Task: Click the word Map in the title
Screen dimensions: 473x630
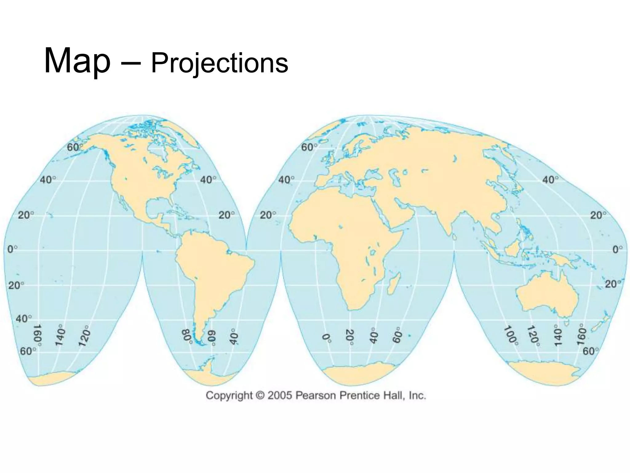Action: (x=77, y=61)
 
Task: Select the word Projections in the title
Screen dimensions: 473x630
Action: (x=219, y=63)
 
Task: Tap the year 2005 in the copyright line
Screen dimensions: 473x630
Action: (x=279, y=395)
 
